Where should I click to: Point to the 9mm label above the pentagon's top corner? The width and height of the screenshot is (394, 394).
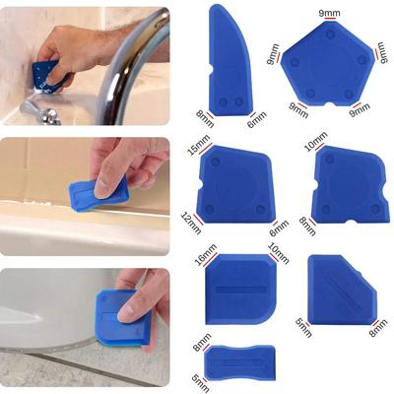click(330, 14)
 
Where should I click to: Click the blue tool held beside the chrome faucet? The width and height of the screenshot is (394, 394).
click(43, 72)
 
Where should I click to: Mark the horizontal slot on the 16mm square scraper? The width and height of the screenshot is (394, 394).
click(238, 289)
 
